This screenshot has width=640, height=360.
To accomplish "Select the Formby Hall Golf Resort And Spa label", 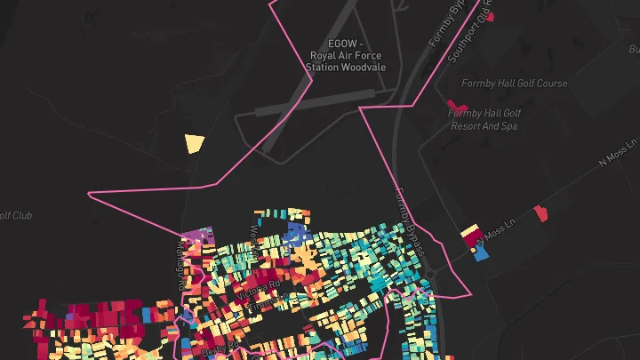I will (484, 120).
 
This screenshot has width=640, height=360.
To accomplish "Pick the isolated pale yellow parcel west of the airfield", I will (194, 143).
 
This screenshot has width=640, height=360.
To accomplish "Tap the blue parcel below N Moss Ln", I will (482, 252).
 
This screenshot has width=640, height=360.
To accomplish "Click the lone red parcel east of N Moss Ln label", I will (540, 213).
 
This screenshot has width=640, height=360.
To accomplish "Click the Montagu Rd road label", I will (181, 267).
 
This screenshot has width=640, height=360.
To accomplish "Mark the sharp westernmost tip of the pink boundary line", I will (89, 193).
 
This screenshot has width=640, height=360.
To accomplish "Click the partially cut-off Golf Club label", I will (15, 216).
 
